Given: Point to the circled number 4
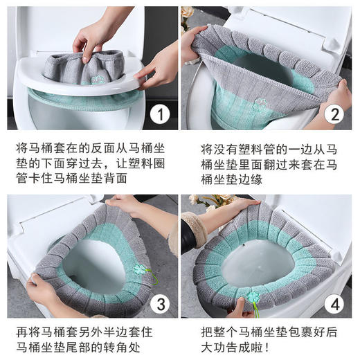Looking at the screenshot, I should click(x=336, y=303).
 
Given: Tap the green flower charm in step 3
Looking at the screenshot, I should click(x=141, y=269).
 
